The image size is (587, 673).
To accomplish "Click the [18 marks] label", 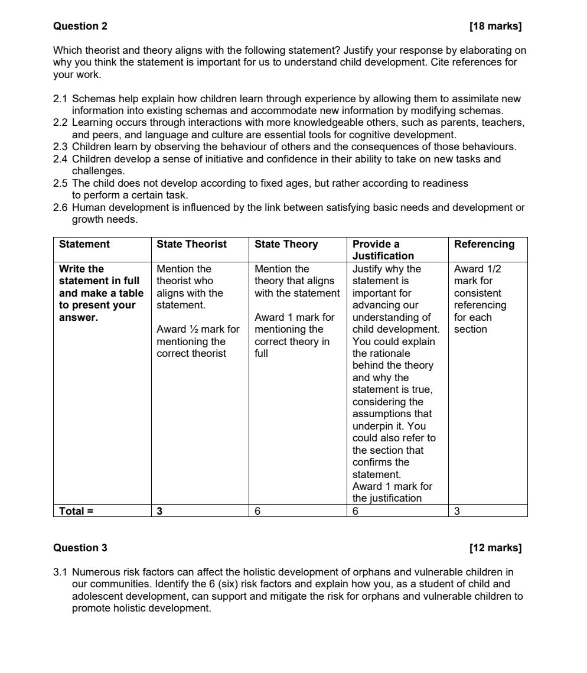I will [x=495, y=26].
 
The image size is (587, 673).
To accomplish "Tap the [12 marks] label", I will [x=495, y=548].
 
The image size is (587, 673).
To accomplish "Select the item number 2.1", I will [x=61, y=99].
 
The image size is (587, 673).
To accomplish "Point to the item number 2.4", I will [x=61, y=159].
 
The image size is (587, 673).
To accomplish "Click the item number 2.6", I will [x=61, y=207].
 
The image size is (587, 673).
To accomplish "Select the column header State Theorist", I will [x=191, y=244].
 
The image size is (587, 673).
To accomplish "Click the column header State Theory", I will [x=286, y=244].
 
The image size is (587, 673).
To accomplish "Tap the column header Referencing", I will [x=484, y=244].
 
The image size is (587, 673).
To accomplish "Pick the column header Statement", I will [x=84, y=244].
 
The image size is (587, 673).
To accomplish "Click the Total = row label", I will [x=76, y=511].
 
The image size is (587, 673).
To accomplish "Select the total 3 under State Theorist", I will [x=159, y=511].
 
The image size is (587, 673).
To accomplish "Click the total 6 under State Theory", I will [x=257, y=511].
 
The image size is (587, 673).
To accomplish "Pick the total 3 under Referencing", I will [x=457, y=511].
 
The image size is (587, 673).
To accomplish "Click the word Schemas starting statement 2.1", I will [x=92, y=99].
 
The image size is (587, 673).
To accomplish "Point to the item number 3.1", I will [x=61, y=572].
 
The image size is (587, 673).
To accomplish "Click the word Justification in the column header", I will [x=383, y=256].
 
